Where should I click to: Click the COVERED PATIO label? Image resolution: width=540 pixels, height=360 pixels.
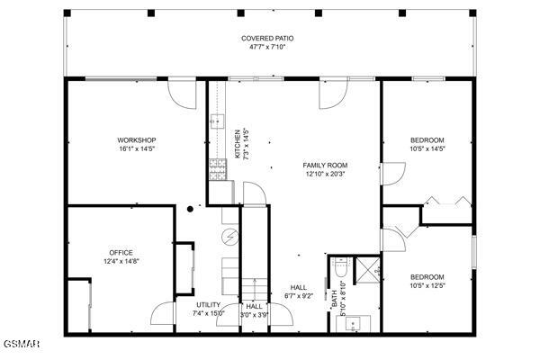(x=267, y=39)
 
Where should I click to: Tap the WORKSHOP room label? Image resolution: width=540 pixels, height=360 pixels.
(x=137, y=139)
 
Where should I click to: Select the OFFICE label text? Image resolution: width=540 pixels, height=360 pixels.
(x=121, y=252)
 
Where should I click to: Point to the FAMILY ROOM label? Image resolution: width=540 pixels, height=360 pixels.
(x=325, y=165)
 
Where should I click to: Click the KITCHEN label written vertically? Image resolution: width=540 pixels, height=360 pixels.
(x=238, y=144)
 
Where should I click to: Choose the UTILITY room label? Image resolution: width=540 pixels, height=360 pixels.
(x=209, y=305)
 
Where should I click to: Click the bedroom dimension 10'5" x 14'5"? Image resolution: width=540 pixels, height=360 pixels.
(x=427, y=149)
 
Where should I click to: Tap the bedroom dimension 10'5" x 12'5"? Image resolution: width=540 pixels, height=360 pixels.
(x=427, y=286)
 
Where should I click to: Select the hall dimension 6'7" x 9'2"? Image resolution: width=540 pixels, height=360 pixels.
(x=299, y=296)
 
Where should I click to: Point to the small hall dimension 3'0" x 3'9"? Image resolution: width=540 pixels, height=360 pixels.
(x=255, y=315)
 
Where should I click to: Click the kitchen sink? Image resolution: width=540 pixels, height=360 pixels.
(x=216, y=121)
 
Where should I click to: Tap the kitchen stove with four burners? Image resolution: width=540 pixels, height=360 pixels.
(x=217, y=164)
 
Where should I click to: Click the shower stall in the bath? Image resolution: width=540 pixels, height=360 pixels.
(x=367, y=267)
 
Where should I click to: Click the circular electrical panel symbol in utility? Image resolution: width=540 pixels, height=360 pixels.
(x=229, y=236)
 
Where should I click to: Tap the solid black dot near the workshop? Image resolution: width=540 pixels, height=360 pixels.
(x=189, y=210)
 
